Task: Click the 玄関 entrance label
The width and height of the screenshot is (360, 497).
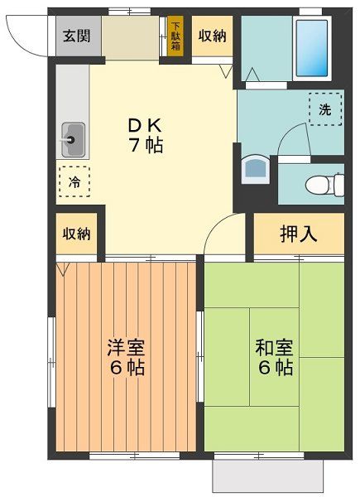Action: pyautogui.click(x=79, y=37)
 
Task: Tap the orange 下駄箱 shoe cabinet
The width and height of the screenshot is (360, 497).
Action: pyautogui.click(x=175, y=36)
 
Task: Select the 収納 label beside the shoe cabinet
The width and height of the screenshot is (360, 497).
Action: pyautogui.click(x=213, y=36)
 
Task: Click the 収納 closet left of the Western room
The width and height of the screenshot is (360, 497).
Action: pyautogui.click(x=76, y=233)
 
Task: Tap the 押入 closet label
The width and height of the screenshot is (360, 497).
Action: pyautogui.click(x=298, y=234)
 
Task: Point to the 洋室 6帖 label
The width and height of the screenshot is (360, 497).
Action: pyautogui.click(x=124, y=357)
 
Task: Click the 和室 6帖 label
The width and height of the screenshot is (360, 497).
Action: pyautogui.click(x=273, y=357)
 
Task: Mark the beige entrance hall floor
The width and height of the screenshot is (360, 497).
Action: pyautogui.click(x=130, y=37)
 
